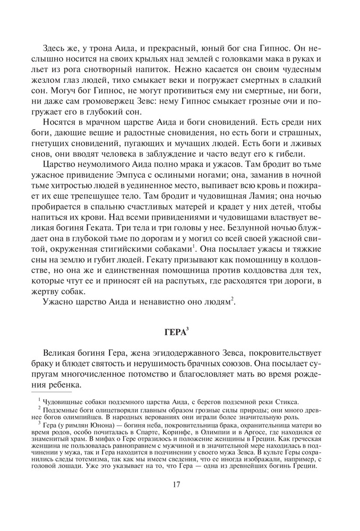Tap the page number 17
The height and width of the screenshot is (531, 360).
(178, 484)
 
